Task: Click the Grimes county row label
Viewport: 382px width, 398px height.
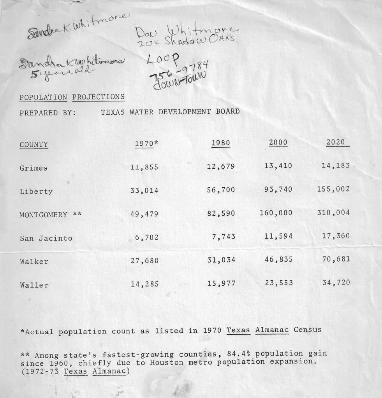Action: [33, 168]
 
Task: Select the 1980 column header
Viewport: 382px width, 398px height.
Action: [221, 143]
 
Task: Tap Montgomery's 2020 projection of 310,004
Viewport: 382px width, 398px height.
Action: [333, 213]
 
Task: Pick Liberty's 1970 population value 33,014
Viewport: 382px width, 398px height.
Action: [144, 191]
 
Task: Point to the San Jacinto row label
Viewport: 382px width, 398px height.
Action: [46, 238]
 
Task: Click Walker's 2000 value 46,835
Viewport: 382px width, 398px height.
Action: [278, 259]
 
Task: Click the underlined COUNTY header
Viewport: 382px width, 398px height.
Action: [34, 145]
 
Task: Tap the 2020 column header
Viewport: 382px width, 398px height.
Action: [336, 142]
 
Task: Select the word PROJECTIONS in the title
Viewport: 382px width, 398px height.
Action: [99, 97]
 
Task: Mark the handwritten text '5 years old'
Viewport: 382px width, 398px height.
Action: [63, 73]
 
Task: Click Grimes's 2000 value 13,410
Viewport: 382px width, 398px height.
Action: [278, 166]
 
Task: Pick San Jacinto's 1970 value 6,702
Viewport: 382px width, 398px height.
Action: [147, 237]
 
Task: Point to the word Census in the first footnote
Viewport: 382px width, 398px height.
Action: [308, 330]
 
